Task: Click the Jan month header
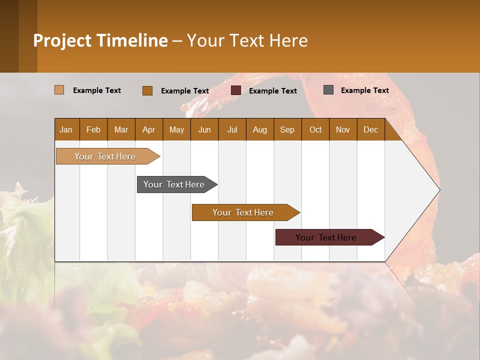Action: click(x=66, y=129)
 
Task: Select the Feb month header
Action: click(x=93, y=129)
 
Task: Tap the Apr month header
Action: click(x=148, y=129)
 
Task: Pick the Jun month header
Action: click(x=204, y=129)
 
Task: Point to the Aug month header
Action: click(x=259, y=129)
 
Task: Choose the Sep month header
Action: click(x=287, y=129)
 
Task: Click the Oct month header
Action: click(x=315, y=129)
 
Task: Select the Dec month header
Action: click(x=370, y=129)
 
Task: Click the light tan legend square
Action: click(x=59, y=90)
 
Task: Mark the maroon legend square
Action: click(x=236, y=90)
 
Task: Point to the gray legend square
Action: click(x=328, y=90)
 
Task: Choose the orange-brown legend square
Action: click(x=147, y=90)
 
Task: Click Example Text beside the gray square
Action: click(x=364, y=90)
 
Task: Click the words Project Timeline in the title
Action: click(x=100, y=40)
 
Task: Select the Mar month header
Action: click(x=121, y=129)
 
